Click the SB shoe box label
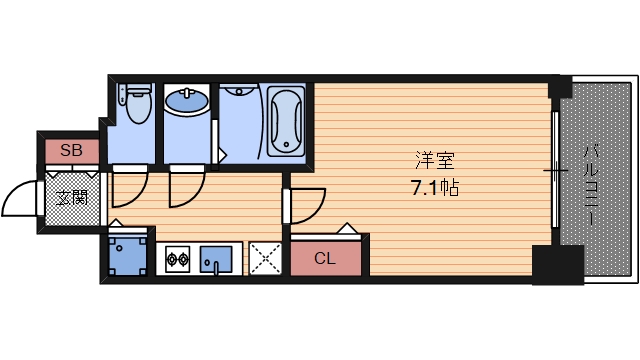pyautogui.click(x=71, y=151)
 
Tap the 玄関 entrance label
pyautogui.click(x=71, y=197)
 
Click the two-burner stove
pyautogui.click(x=177, y=262)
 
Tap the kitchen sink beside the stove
pyautogui.click(x=215, y=260)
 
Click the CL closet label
pyautogui.click(x=325, y=259)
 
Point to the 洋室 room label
pyautogui.click(x=428, y=160)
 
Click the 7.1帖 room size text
pyautogui.click(x=428, y=186)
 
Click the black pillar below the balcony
pyautogui.click(x=556, y=263)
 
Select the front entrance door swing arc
pyautogui.click(x=20, y=200)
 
